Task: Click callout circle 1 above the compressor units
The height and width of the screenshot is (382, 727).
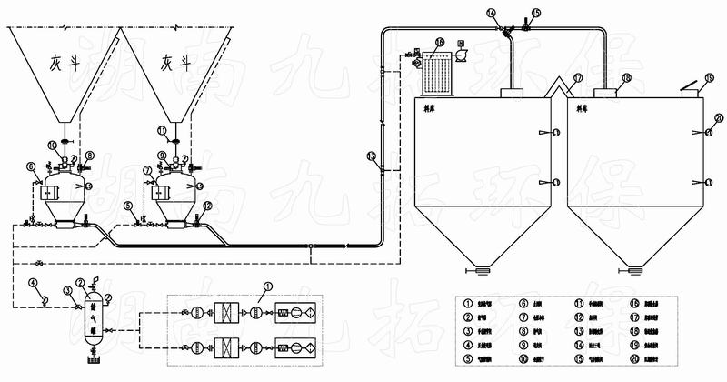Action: [268, 288]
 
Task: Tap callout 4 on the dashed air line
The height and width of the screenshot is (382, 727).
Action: [33, 283]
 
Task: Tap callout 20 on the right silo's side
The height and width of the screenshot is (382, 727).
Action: [718, 118]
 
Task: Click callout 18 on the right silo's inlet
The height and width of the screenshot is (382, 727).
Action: [626, 80]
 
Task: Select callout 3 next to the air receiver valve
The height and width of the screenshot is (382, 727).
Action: [67, 291]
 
